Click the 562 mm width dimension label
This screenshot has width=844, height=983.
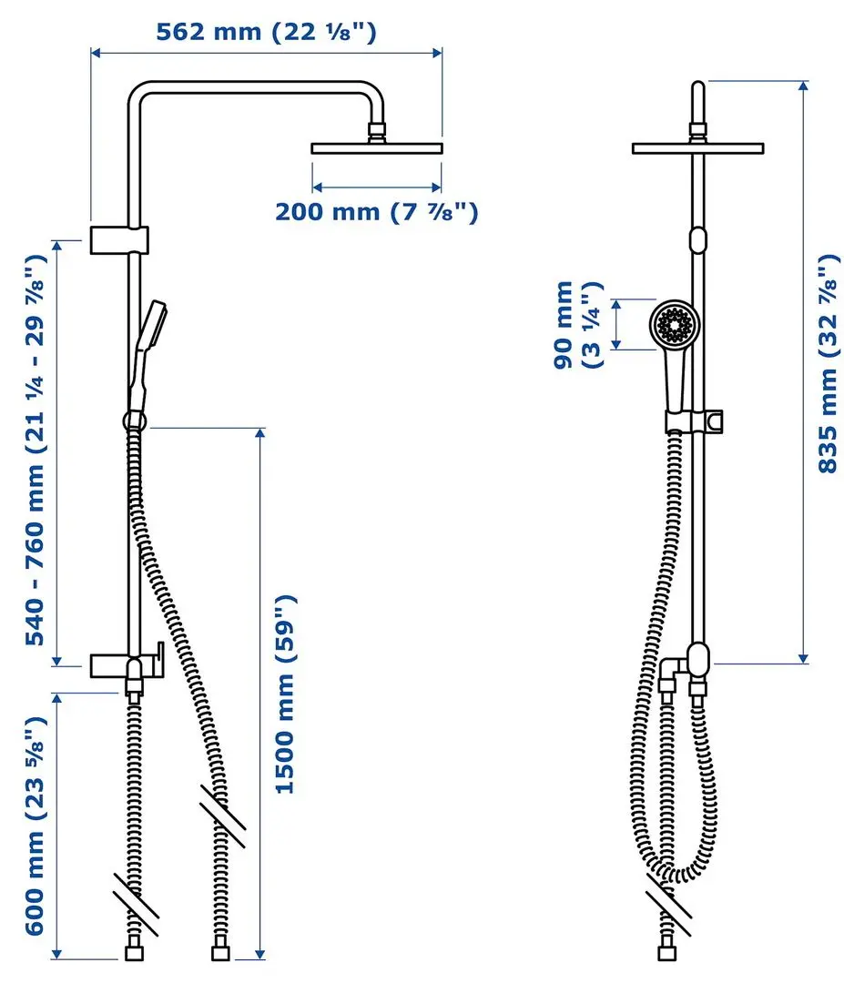tap(266, 32)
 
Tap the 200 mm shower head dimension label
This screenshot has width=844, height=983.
tap(376, 212)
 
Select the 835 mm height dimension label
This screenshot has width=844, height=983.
tap(829, 363)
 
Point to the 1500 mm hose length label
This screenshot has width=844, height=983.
tap(285, 694)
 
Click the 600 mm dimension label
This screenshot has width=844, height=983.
tap(36, 826)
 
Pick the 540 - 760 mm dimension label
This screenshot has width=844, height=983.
tap(36, 450)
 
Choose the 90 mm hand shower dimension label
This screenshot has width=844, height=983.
tap(577, 325)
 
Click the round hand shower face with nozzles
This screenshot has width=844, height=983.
tap(674, 325)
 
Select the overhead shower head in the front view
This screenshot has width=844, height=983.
tap(698, 148)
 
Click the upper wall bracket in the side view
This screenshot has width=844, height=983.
tap(119, 239)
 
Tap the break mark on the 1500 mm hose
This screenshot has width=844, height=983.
tap(222, 815)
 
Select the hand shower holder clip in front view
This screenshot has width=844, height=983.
tap(694, 421)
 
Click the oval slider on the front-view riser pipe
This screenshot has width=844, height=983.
tap(698, 240)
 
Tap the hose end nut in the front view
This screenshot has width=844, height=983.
tap(667, 953)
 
